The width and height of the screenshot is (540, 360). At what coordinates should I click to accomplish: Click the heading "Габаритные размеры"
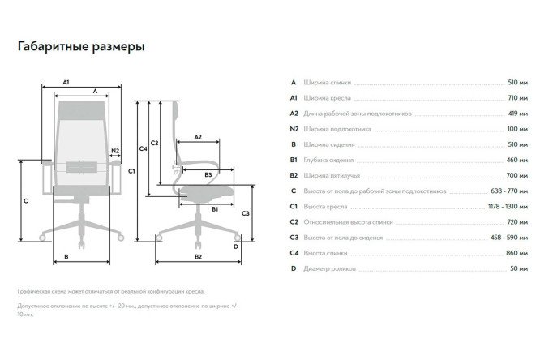(81, 46)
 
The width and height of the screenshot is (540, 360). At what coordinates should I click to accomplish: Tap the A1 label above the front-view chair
(66, 82)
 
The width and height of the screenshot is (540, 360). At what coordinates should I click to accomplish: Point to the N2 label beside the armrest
(115, 151)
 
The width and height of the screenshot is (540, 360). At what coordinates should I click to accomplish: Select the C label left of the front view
(26, 201)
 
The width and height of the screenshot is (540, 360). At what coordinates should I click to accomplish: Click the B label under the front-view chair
(66, 257)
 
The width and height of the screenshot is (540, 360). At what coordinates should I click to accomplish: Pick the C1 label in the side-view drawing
(131, 171)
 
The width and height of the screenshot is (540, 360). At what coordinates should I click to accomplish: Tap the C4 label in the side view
(143, 148)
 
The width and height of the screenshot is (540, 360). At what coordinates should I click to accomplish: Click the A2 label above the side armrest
(198, 137)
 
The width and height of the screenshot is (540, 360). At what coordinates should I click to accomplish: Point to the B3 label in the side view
(208, 174)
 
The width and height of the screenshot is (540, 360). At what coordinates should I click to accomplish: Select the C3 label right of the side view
(245, 213)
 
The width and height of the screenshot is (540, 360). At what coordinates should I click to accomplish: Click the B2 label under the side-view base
(198, 257)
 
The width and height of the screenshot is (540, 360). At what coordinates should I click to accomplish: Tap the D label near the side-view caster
(236, 246)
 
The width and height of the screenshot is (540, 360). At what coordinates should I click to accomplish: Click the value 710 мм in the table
(517, 98)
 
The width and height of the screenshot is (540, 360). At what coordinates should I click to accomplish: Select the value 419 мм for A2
(517, 114)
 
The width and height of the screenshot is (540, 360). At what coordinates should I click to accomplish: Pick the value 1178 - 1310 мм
(508, 207)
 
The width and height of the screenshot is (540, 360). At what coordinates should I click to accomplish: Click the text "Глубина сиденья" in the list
(328, 161)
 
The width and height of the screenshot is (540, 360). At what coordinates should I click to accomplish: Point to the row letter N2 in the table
(294, 129)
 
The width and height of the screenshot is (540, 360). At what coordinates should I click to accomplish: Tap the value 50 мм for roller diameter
(519, 268)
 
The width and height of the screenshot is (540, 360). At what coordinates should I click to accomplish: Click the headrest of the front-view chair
(81, 110)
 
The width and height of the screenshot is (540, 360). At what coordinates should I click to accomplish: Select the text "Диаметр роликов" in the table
(329, 268)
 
